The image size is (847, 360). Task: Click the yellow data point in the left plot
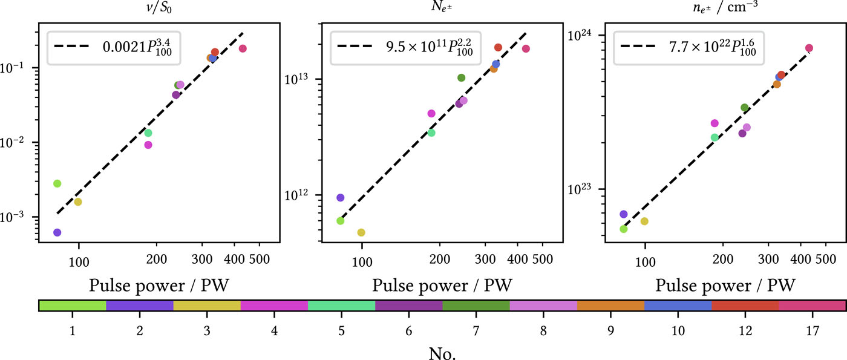pyautogui.click(x=78, y=202)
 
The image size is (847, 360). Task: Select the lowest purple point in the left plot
pyautogui.click(x=57, y=232)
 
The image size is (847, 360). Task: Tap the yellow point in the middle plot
pyautogui.click(x=361, y=232)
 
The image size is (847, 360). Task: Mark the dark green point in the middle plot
pyautogui.click(x=461, y=77)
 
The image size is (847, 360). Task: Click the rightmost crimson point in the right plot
pyautogui.click(x=809, y=48)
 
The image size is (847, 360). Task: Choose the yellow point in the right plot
pyautogui.click(x=644, y=221)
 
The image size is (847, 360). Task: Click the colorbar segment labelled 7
pyautogui.click(x=476, y=306)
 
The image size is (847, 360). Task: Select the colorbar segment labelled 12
pyautogui.click(x=745, y=306)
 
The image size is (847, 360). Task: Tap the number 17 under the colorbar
pyautogui.click(x=812, y=331)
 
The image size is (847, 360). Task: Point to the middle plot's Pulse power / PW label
pyautogui.click(x=442, y=284)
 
